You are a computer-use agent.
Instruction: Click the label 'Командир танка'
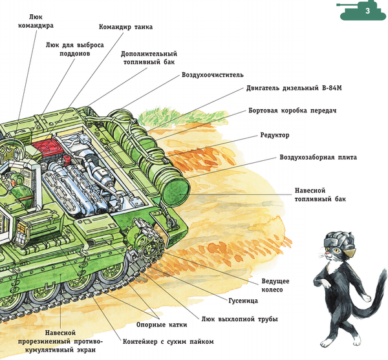point(126,28)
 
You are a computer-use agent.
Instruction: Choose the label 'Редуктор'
point(275,135)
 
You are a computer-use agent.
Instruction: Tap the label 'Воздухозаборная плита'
point(318,157)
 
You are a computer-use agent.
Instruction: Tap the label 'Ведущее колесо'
point(275,286)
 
